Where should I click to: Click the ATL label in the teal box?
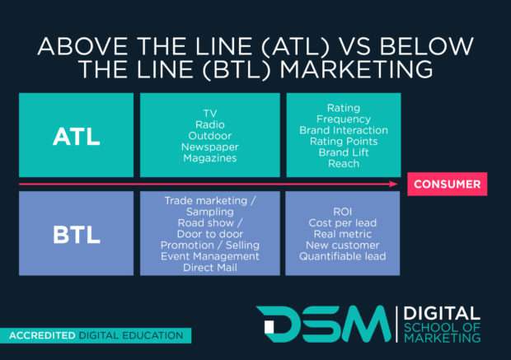76,137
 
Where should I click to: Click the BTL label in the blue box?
76,234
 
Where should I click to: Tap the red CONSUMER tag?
446,184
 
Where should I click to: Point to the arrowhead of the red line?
395,184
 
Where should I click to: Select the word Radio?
210,124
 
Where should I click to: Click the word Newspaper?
210,147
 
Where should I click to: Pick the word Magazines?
210,158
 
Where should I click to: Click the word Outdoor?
210,136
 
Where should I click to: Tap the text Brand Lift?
344,152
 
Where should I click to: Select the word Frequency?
344,119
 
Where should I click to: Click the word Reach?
344,163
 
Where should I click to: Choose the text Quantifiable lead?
344,255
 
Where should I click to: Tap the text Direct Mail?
210,267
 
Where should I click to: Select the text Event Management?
210,256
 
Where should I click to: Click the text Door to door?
210,233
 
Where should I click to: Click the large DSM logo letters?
321,323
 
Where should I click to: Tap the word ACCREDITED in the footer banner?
42,336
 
